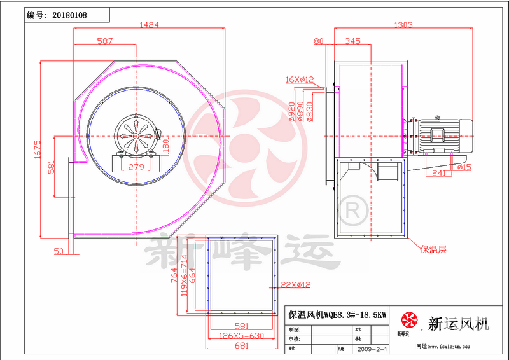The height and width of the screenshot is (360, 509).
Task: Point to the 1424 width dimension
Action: point(149,25)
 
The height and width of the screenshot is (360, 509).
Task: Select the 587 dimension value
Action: point(104,41)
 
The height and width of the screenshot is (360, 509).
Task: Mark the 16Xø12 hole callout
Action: point(300,80)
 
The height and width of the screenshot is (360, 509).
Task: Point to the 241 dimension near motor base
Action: point(438,172)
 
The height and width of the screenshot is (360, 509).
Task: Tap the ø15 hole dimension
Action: point(464,167)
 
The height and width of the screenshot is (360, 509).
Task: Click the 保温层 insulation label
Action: point(433,249)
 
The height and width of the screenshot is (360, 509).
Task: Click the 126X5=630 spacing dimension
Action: point(241,336)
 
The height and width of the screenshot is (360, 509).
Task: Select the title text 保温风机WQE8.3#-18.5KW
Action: point(337,315)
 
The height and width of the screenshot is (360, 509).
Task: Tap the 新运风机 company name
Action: point(458,324)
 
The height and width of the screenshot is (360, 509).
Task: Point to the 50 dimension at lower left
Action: point(59,252)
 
